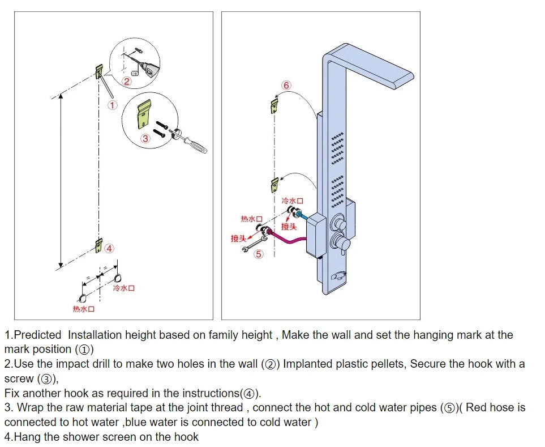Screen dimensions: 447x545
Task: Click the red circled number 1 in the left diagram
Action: click(113, 105)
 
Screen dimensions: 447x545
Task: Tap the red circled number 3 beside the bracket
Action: click(145, 138)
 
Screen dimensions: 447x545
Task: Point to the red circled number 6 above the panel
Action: click(286, 86)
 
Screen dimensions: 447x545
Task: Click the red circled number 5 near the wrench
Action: click(259, 254)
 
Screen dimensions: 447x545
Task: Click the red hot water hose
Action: click(289, 240)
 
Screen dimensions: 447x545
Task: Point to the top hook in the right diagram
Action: click(275, 105)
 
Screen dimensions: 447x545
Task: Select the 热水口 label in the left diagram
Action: click(83, 309)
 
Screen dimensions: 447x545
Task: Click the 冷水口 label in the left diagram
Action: click(124, 288)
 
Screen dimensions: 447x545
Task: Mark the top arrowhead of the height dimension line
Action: click(61, 95)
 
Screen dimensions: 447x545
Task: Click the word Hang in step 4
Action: click(26, 436)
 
